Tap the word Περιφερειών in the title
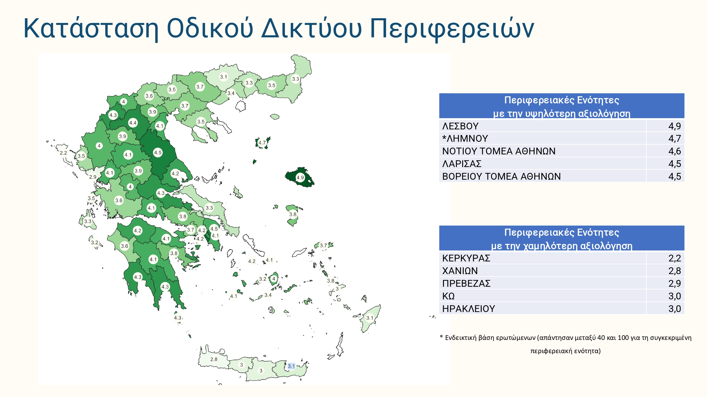452,29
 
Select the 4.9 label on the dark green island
300,178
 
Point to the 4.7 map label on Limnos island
262,143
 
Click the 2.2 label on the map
63,153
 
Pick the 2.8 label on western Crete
214,359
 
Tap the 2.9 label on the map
93,177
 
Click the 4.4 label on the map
133,123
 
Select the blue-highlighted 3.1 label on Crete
291,366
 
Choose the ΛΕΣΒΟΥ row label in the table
460,126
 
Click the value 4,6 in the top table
675,151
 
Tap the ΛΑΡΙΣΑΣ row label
462,164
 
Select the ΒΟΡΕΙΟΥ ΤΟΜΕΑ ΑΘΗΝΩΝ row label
501,176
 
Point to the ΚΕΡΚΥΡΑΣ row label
466,258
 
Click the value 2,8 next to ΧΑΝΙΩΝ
675,271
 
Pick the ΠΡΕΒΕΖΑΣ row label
467,283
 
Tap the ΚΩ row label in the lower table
448,296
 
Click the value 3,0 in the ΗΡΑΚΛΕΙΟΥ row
675,309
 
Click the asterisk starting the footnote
441,337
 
